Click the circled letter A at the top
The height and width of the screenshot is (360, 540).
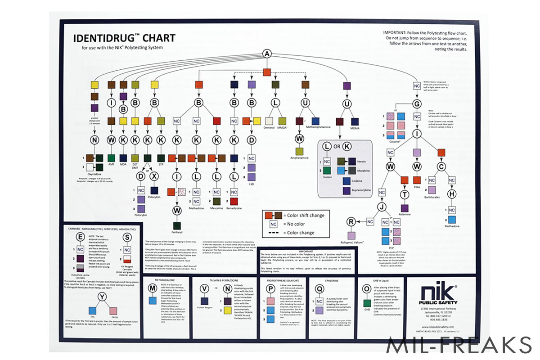coord(267,54)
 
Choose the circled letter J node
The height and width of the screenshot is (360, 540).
coord(382,207)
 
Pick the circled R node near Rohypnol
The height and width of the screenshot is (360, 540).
coord(351,221)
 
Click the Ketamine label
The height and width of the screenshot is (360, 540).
coord(404,214)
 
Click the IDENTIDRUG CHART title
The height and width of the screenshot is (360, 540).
coord(125,38)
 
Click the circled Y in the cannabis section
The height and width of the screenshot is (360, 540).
coord(103,296)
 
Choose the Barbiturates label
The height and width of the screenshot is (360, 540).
coord(432,197)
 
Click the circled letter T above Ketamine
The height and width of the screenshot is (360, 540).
coord(404,194)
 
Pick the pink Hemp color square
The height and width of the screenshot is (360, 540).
coord(114,310)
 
